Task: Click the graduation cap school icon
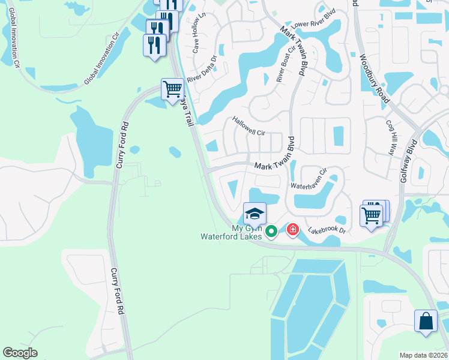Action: [x=255, y=213]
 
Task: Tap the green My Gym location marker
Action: [x=271, y=230]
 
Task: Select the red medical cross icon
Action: [x=293, y=230]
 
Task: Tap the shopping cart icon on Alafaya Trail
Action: [x=172, y=89]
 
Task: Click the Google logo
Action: [x=20, y=353]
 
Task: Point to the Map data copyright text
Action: [x=423, y=355]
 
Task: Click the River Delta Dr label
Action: [x=201, y=70]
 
